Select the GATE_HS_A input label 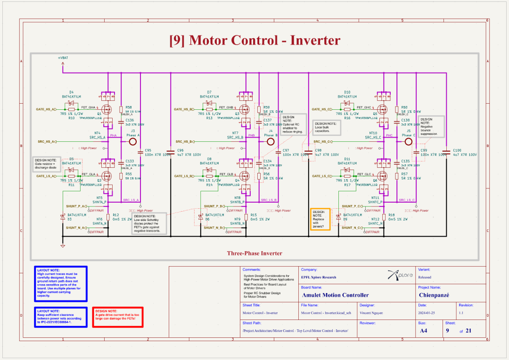click(x=46, y=109)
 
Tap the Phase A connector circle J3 click(x=133, y=141)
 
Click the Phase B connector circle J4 click(x=271, y=141)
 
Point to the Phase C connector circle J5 click(x=408, y=141)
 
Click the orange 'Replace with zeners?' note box click(x=320, y=219)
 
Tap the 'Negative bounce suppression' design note click(x=432, y=127)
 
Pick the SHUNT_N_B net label click(x=213, y=228)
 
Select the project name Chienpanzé click(x=434, y=295)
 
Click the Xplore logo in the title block click(x=400, y=275)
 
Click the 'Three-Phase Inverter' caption click(x=254, y=253)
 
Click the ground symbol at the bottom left click(x=62, y=245)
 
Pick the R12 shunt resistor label click(x=115, y=215)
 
